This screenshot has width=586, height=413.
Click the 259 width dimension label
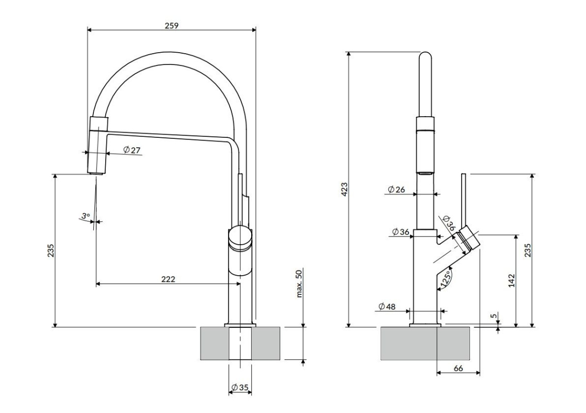pyautogui.click(x=172, y=25)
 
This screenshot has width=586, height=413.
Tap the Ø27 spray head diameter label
pyautogui.click(x=132, y=150)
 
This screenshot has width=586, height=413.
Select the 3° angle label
pyautogui.click(x=86, y=216)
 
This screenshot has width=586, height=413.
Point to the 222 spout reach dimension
pyautogui.click(x=168, y=279)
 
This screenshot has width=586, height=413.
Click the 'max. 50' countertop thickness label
pyautogui.click(x=299, y=283)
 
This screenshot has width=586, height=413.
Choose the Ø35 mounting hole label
pyautogui.click(x=240, y=388)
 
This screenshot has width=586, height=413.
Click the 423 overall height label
pyautogui.click(x=345, y=189)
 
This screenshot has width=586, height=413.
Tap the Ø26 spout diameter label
pyautogui.click(x=397, y=189)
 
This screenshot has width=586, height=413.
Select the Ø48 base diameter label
pyautogui.click(x=387, y=307)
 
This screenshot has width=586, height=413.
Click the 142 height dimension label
pyautogui.click(x=512, y=281)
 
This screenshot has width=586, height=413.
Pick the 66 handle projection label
pyautogui.click(x=458, y=369)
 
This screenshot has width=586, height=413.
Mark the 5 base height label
pyautogui.click(x=494, y=316)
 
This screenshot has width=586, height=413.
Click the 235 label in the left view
pyautogui.click(x=51, y=251)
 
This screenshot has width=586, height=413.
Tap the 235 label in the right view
pyautogui.click(x=528, y=250)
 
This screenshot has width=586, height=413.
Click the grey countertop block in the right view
pyautogui.click(x=425, y=343)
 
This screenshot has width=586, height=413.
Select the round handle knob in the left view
pyautogui.click(x=240, y=238)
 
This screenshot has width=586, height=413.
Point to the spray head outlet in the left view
pyautogui.click(x=96, y=172)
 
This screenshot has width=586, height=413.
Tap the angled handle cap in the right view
pyautogui.click(x=469, y=240)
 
